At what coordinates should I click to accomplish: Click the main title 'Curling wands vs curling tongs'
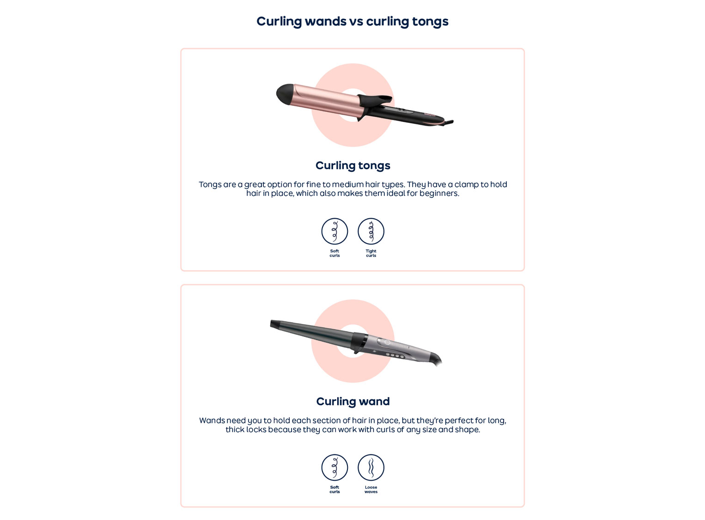[352, 22]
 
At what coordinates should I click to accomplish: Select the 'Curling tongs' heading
[352, 166]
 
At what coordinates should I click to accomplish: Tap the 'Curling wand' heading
[352, 402]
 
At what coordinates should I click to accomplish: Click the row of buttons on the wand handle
[395, 355]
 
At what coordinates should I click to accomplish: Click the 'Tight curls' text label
[371, 253]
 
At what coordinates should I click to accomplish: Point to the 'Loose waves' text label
[371, 489]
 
